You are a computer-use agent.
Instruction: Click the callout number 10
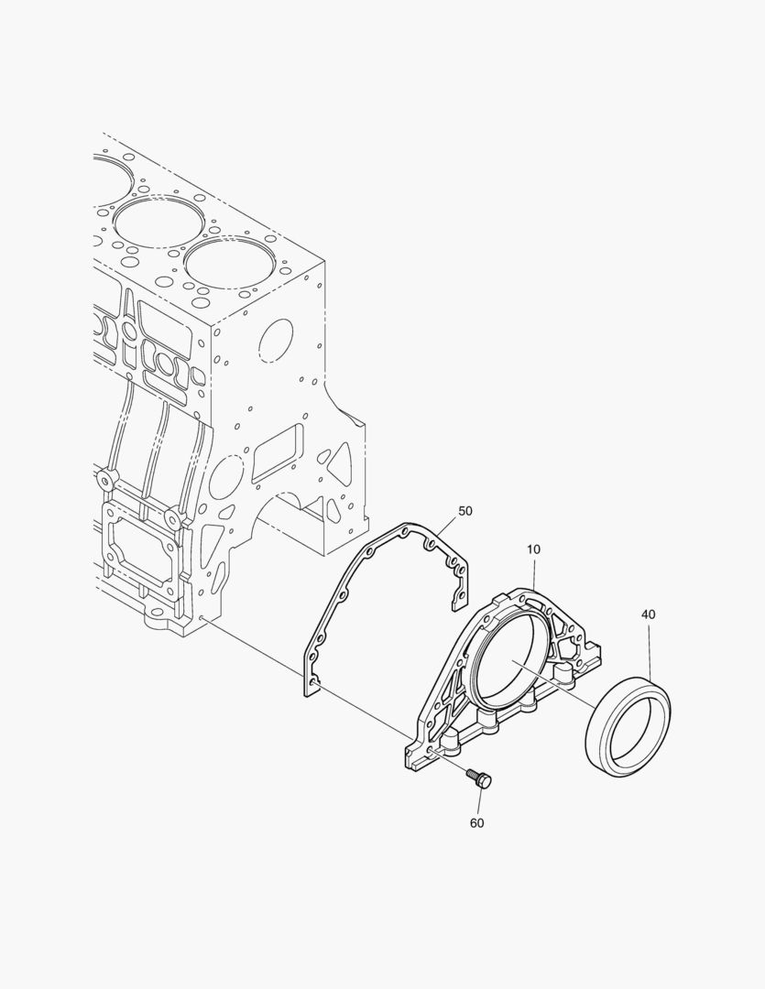tap(533, 549)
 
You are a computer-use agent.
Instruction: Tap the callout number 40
tap(649, 614)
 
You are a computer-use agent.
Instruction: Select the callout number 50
tap(465, 511)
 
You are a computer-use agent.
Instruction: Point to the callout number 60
tap(477, 823)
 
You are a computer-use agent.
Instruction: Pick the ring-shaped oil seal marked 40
tap(628, 726)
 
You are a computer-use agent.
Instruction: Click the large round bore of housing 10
tap(511, 659)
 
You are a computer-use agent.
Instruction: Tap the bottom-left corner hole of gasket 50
tap(315, 683)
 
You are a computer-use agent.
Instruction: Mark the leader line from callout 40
tap(650, 649)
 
